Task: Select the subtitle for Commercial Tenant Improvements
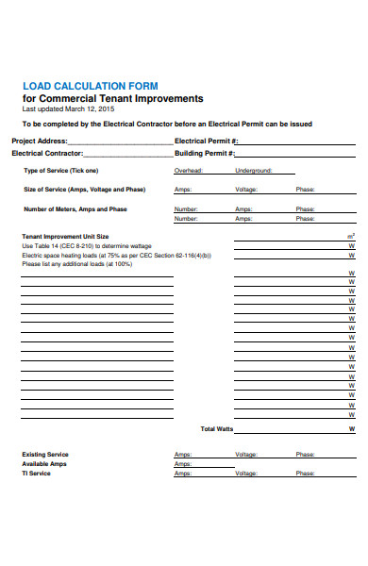[x=112, y=98]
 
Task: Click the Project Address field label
[x=40, y=141]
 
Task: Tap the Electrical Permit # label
[x=206, y=141]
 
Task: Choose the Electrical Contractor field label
[x=47, y=153]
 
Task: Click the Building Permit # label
[x=205, y=153]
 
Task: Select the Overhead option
[x=189, y=171]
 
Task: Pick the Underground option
[x=253, y=171]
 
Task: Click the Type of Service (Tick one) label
[x=60, y=171]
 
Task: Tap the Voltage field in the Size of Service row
[x=245, y=190]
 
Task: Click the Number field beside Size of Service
[x=186, y=209]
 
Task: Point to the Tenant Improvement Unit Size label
[x=65, y=236]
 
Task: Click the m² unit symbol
[x=351, y=236]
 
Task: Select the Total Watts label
[x=217, y=429]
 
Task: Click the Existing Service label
[x=45, y=455]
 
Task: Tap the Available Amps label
[x=43, y=464]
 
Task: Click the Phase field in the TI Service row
[x=305, y=474]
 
